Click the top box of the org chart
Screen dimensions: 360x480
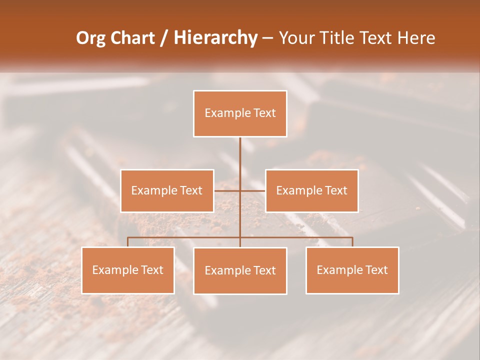point(240,113)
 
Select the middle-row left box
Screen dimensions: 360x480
point(166,190)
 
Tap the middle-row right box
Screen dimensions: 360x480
point(311,190)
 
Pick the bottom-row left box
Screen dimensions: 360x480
point(127,270)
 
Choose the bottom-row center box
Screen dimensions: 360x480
point(240,270)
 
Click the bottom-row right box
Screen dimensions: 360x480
point(352,270)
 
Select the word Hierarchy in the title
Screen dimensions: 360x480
point(215,38)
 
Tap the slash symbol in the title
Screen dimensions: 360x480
point(164,38)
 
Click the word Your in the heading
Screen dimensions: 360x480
point(295,38)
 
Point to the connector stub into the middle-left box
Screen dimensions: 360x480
point(226,190)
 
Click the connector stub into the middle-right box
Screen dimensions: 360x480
point(253,190)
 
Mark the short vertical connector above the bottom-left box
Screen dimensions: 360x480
point(127,242)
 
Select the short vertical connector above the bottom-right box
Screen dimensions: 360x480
point(352,242)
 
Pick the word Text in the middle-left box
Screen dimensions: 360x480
point(191,190)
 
